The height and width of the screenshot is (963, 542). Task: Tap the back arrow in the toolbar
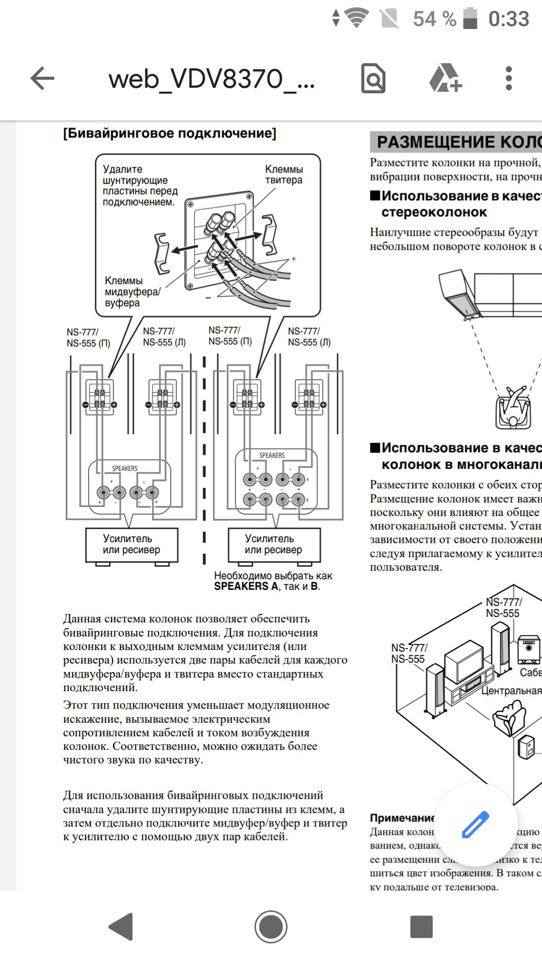click(42, 79)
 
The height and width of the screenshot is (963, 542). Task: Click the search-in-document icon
click(373, 79)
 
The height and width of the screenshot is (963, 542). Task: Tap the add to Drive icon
click(445, 79)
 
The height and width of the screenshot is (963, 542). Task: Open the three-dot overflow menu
click(509, 79)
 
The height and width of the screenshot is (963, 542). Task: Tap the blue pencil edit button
click(475, 824)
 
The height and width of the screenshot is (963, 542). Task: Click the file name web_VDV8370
click(211, 79)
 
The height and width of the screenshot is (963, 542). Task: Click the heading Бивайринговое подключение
click(170, 133)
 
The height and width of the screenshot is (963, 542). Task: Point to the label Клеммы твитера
click(284, 175)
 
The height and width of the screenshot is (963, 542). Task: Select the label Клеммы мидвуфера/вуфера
click(132, 291)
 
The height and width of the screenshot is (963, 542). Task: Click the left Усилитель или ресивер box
click(131, 544)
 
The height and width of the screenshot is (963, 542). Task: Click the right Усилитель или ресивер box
click(274, 544)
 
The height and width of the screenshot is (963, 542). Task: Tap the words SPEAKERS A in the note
click(246, 586)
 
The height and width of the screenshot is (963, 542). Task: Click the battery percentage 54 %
click(435, 19)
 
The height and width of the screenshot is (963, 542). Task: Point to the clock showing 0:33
click(508, 19)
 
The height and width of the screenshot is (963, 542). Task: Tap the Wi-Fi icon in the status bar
click(357, 18)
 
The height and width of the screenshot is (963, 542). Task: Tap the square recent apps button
click(421, 926)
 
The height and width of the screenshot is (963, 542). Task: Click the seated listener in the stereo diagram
click(513, 409)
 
